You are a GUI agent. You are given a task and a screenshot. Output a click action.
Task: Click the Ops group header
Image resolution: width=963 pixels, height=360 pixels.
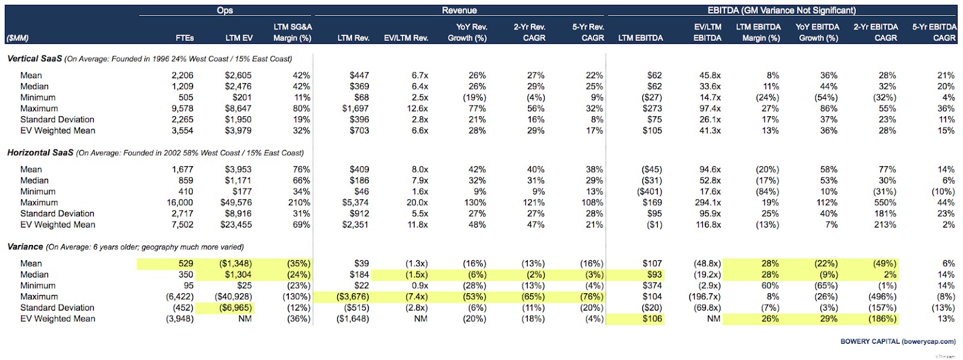pyautogui.click(x=225, y=10)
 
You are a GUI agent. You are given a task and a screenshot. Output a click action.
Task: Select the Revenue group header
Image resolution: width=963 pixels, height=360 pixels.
pyautogui.click(x=459, y=10)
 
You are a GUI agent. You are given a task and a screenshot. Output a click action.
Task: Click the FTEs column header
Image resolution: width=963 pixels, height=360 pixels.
pyautogui.click(x=185, y=38)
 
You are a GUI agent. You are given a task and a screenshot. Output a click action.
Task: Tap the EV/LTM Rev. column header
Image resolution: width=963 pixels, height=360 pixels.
pyautogui.click(x=406, y=38)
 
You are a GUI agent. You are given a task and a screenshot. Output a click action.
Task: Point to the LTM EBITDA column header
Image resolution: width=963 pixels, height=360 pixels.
pyautogui.click(x=640, y=38)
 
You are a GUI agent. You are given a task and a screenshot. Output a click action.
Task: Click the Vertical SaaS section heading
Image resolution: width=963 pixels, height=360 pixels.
pyautogui.click(x=34, y=58)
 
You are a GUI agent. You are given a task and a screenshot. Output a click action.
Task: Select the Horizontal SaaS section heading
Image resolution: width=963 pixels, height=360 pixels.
pyautogui.click(x=40, y=153)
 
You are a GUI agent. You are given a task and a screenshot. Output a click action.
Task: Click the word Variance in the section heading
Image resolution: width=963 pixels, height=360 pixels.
pyautogui.click(x=25, y=247)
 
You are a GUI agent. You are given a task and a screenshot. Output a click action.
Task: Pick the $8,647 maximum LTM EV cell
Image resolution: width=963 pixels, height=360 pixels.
pyautogui.click(x=238, y=108)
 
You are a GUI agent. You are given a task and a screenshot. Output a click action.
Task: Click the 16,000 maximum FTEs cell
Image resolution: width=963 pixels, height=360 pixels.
pyautogui.click(x=180, y=203)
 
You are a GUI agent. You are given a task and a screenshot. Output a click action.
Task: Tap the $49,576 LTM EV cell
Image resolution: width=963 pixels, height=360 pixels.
pyautogui.click(x=236, y=203)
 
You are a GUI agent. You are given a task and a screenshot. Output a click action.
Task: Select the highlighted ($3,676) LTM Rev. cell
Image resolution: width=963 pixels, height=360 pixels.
pyautogui.click(x=353, y=297)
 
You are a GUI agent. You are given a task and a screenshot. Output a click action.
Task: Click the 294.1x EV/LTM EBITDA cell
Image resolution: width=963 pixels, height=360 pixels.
pyautogui.click(x=708, y=203)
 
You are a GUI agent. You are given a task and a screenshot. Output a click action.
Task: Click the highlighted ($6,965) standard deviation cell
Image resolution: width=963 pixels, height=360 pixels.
pyautogui.click(x=236, y=308)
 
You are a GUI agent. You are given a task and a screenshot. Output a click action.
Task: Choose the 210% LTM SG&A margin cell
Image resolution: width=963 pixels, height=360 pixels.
pyautogui.click(x=299, y=203)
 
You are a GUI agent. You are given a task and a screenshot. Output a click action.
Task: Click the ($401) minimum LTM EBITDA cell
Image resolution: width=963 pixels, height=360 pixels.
pyautogui.click(x=650, y=191)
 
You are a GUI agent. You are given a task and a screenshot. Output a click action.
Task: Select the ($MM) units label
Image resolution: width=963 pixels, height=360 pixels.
pyautogui.click(x=17, y=38)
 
